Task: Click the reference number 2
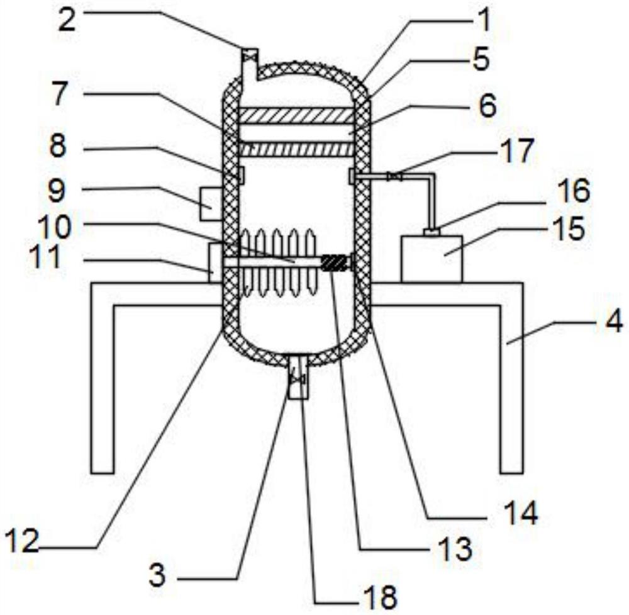click(x=67, y=20)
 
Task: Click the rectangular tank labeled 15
click(x=431, y=259)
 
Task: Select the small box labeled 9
click(x=211, y=203)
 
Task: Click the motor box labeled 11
click(x=215, y=262)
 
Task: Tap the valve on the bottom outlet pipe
click(x=298, y=379)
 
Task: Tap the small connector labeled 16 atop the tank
click(x=432, y=232)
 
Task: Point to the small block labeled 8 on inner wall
click(x=242, y=175)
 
